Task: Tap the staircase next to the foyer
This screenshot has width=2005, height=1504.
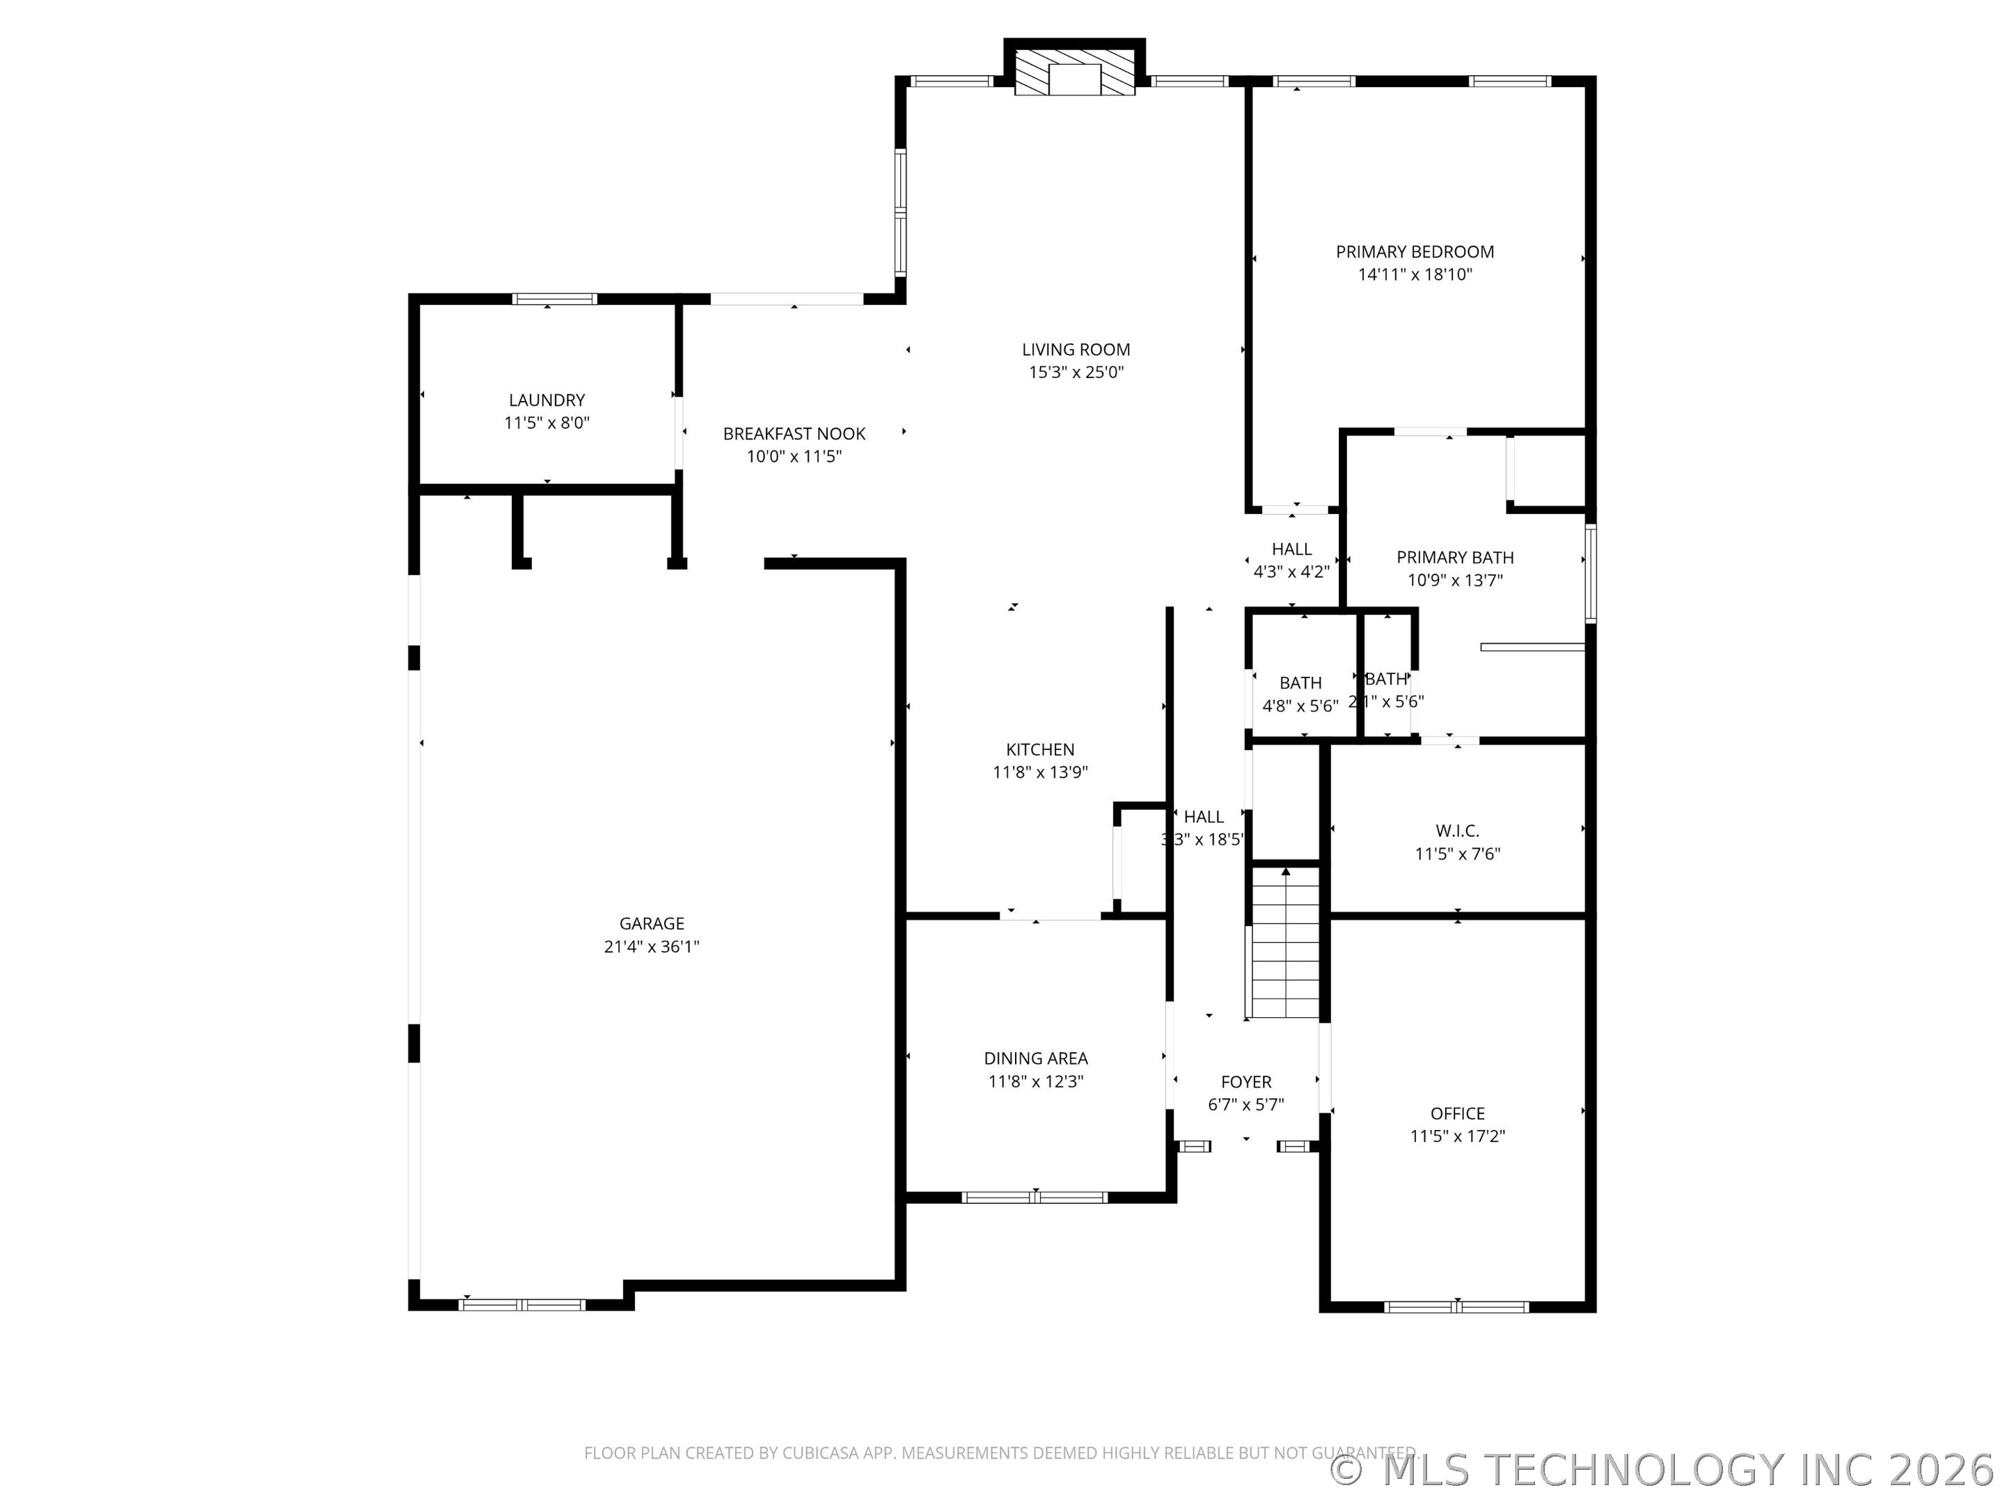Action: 1285,943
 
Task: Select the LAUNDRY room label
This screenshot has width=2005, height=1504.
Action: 547,400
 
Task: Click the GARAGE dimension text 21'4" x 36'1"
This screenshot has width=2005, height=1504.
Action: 652,946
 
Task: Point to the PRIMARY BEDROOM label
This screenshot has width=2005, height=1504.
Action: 1414,252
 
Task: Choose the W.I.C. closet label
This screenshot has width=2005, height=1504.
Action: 1458,831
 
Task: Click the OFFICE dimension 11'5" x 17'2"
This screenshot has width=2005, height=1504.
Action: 1458,1136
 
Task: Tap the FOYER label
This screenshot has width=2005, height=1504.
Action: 1245,1081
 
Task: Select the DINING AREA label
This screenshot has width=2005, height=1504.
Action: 1036,1058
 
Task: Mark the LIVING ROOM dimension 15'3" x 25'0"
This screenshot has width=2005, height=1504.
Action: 1076,372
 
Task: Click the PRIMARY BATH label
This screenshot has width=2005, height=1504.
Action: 1455,558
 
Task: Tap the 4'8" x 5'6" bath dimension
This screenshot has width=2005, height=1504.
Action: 1300,705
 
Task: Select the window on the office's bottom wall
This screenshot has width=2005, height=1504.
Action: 1456,1306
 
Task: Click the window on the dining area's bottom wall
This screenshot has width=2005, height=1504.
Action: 1035,1197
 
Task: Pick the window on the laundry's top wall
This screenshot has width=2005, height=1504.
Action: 555,299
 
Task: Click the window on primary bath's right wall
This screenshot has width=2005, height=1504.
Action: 1590,573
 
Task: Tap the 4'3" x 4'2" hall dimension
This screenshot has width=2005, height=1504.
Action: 1291,572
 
